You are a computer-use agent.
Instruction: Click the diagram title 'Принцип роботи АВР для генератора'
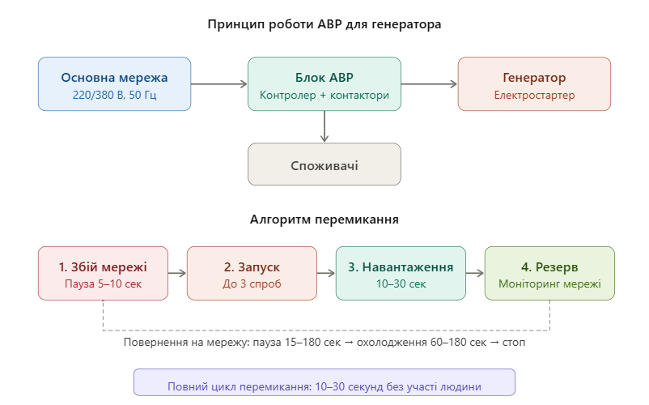click(x=324, y=24)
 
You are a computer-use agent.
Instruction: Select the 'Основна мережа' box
click(x=114, y=83)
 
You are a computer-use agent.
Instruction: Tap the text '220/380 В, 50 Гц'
click(x=114, y=96)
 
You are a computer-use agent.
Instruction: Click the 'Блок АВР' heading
click(x=324, y=78)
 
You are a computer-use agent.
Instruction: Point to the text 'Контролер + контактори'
click(x=324, y=96)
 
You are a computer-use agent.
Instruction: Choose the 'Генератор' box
click(x=534, y=83)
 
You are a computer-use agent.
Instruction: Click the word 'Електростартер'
click(x=534, y=96)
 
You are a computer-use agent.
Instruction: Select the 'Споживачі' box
click(x=324, y=165)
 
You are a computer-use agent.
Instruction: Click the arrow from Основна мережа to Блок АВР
click(x=219, y=83)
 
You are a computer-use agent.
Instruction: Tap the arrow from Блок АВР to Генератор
click(x=429, y=83)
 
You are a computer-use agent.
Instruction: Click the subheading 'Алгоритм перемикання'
click(x=324, y=220)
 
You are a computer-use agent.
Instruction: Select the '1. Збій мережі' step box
click(x=103, y=274)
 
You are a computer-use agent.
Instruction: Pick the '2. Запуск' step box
click(x=252, y=274)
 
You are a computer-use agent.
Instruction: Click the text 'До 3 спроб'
click(x=252, y=284)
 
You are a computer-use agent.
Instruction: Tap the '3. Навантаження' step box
click(x=401, y=274)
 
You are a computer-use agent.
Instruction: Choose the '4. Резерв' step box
click(x=549, y=274)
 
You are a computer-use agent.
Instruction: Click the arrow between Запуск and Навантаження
click(x=326, y=274)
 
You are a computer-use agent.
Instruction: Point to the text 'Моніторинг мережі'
click(x=549, y=284)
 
